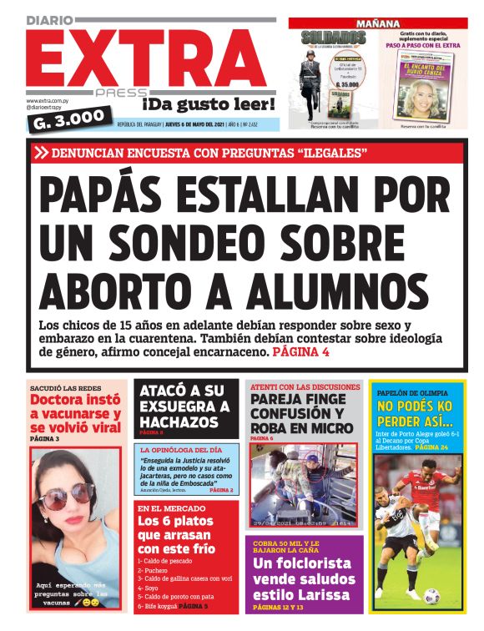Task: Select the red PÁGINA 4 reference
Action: coord(301,353)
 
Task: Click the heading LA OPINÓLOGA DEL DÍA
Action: coord(181,449)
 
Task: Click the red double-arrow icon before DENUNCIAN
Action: coord(41,153)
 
